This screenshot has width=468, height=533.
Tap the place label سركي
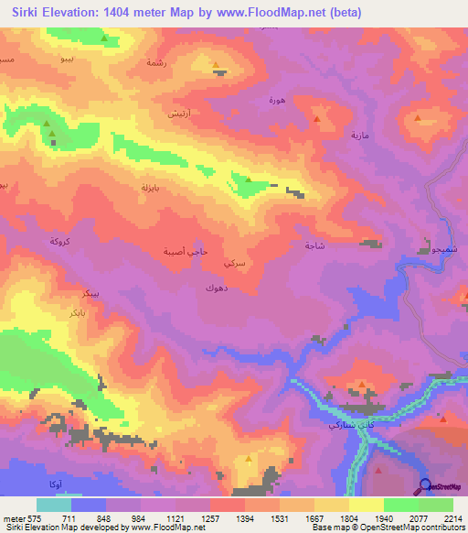pos(233,262)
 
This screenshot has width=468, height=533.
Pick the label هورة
pos(277,99)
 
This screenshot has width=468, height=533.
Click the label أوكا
pos(54,483)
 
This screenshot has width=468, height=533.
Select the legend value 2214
pos(452,518)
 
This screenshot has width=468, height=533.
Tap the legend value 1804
pos(348,518)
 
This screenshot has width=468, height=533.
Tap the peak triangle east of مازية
pos(418,118)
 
